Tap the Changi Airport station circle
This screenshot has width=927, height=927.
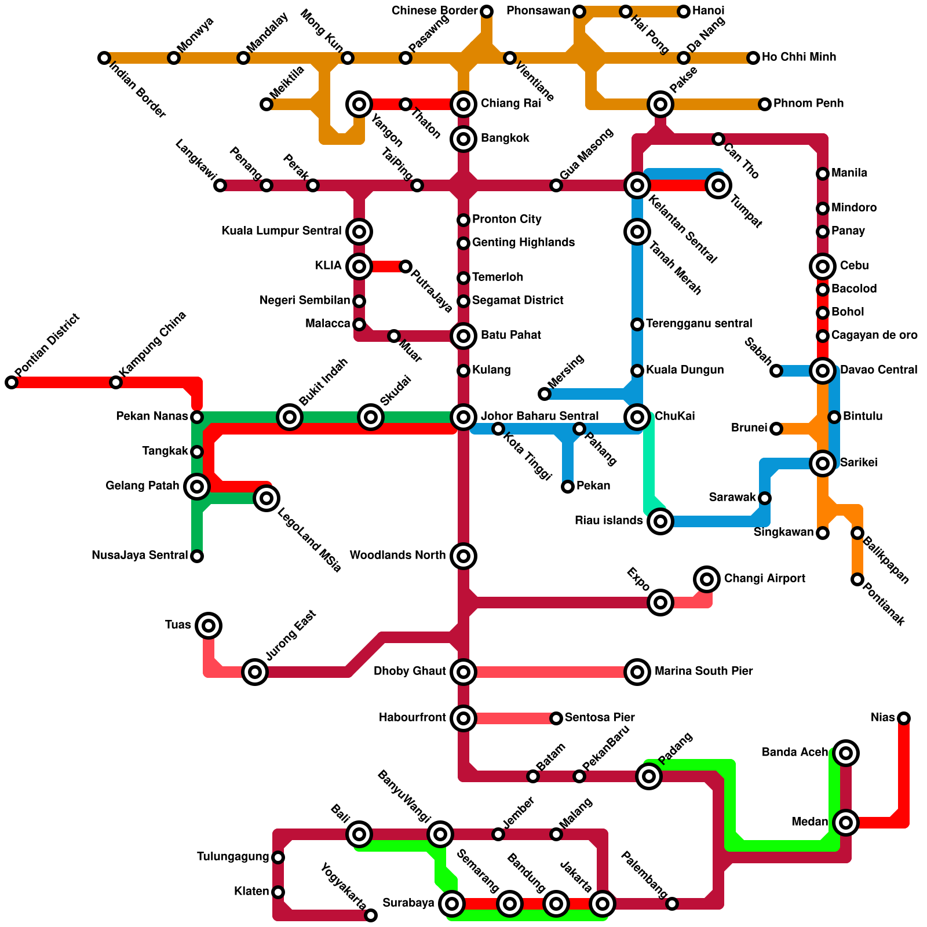click(x=706, y=579)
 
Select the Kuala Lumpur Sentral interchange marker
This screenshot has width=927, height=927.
click(x=359, y=232)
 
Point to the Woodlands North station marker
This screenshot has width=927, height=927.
click(x=463, y=556)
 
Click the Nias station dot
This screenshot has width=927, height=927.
click(x=904, y=718)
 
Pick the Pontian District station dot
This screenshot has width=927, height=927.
click(x=12, y=382)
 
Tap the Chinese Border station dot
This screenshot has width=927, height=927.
click(x=487, y=12)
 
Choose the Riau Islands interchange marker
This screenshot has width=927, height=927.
click(x=660, y=521)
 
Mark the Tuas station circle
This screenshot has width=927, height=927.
click(x=209, y=625)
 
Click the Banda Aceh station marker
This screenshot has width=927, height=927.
click(x=846, y=753)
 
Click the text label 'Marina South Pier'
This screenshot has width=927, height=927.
click(x=703, y=671)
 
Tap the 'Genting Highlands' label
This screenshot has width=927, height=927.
click(x=523, y=243)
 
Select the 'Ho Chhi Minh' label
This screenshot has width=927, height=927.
click(x=799, y=57)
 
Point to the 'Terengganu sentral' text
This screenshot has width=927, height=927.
click(x=699, y=324)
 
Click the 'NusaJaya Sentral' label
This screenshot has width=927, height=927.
click(x=140, y=556)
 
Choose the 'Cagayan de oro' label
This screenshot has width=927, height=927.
click(x=874, y=335)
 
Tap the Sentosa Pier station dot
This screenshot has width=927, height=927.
click(x=556, y=718)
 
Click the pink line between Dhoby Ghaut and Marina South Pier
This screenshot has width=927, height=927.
click(x=550, y=672)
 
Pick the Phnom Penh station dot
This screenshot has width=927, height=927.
click(x=765, y=104)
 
